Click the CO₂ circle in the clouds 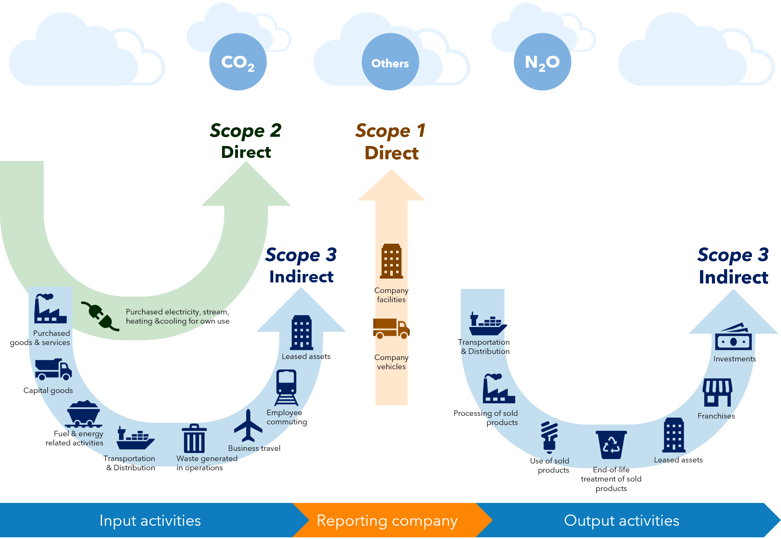point(238,62)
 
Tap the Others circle point(390,62)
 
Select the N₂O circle point(542,62)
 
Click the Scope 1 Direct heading point(391,142)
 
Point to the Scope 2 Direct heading point(246,141)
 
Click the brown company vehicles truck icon point(391,329)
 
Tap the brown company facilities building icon point(391,261)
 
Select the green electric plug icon point(100,316)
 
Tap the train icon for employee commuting point(287,387)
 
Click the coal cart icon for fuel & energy point(83,414)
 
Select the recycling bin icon point(611,445)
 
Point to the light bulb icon point(549,437)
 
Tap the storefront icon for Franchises point(717,393)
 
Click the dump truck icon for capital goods point(53,369)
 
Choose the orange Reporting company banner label point(387,521)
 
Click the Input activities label point(150,521)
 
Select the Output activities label point(621,521)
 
